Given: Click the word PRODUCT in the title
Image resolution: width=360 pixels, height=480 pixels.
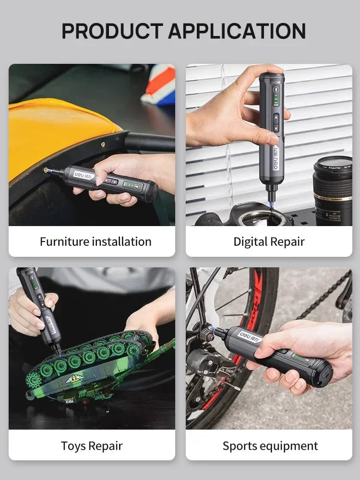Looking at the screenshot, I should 112,31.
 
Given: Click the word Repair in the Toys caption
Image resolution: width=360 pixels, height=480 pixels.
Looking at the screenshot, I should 106,445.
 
